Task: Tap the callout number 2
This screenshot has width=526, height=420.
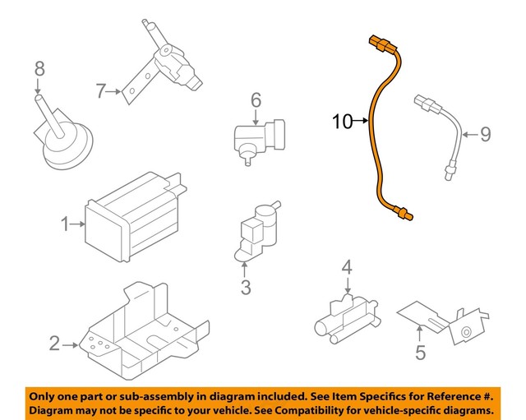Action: [54, 344]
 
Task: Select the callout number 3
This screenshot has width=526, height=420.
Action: [245, 287]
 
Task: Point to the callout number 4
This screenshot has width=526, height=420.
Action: [347, 267]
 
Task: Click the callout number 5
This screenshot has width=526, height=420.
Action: [420, 354]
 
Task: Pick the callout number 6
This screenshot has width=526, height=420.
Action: [256, 100]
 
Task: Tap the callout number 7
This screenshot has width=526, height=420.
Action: [101, 91]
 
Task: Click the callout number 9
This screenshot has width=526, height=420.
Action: [485, 133]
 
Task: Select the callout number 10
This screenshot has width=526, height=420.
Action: [342, 122]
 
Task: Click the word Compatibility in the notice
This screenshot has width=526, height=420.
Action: [316, 409]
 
